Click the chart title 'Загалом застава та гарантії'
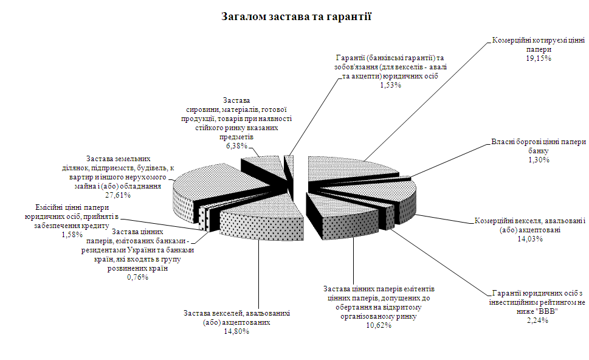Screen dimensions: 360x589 pos(296,16)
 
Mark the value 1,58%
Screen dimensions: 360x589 pos(71,234)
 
